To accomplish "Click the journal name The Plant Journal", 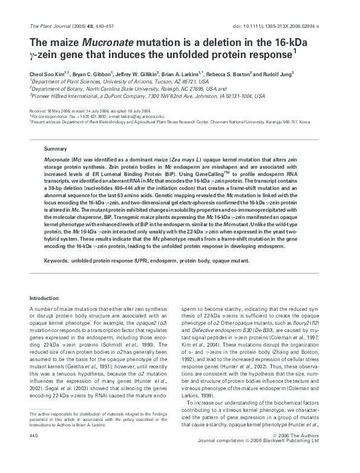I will tap(45, 27).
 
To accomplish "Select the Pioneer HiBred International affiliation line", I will tap(139, 95).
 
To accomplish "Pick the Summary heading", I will tap(54, 148).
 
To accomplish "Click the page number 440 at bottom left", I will tap(34, 452).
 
